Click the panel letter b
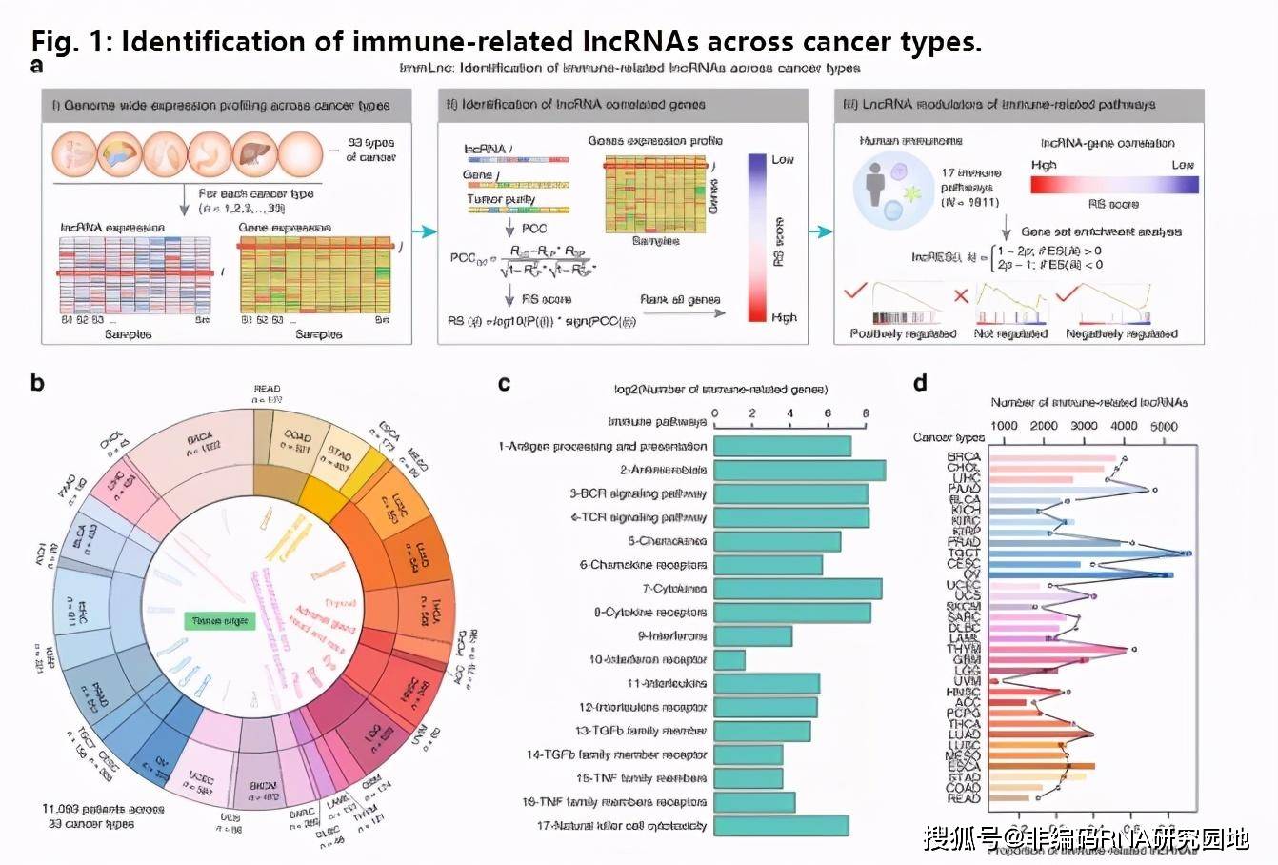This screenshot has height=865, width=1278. click(37, 383)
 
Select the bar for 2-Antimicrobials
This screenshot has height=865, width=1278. click(800, 470)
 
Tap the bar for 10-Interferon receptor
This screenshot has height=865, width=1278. click(729, 659)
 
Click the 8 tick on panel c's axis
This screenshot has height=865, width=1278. click(865, 413)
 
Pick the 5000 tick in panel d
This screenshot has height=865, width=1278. click(1165, 426)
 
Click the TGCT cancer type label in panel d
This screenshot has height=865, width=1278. click(964, 552)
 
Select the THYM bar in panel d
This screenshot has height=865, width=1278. click(1057, 650)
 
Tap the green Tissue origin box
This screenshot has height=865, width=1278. click(220, 621)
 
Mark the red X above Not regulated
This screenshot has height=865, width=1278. click(962, 295)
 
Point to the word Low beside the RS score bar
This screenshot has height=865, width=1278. click(783, 159)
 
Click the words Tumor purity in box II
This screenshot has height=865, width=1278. click(501, 199)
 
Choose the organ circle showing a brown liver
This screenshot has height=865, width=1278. click(252, 151)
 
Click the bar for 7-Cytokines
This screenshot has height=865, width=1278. click(798, 589)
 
